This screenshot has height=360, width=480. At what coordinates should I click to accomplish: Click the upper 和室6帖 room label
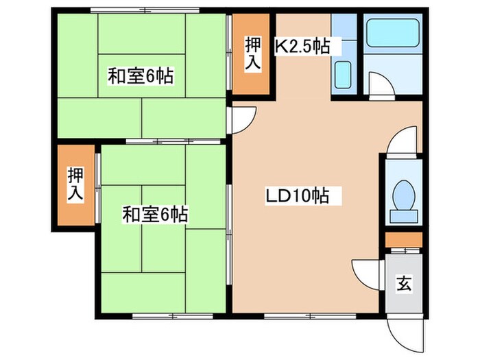point(140,76)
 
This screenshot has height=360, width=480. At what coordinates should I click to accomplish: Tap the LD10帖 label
point(298,196)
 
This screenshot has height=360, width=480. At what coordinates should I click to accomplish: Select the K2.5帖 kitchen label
point(303,46)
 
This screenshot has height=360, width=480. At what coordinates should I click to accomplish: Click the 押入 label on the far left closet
point(75,184)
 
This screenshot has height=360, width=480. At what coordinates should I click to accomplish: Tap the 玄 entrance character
point(404,283)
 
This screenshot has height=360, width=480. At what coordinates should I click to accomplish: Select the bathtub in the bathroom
point(393,32)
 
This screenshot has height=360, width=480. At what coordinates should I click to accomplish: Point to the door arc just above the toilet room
point(403,141)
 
